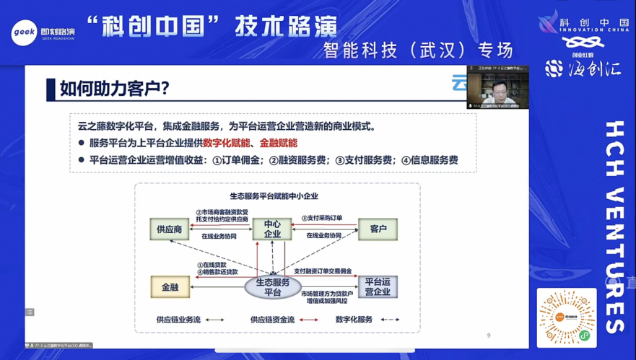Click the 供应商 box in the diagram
170,229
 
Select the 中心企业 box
272,229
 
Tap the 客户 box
378,229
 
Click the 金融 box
170,287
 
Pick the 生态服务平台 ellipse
272,287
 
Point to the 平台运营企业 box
378,287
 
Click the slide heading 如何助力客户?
115,89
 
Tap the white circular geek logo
23,33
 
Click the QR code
567,318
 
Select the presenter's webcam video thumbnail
497,87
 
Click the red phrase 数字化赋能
227,144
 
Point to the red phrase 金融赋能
279,144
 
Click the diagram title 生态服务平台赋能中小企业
274,196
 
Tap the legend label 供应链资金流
272,320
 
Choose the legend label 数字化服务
354,320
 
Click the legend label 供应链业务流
178,320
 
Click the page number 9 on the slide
489,335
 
